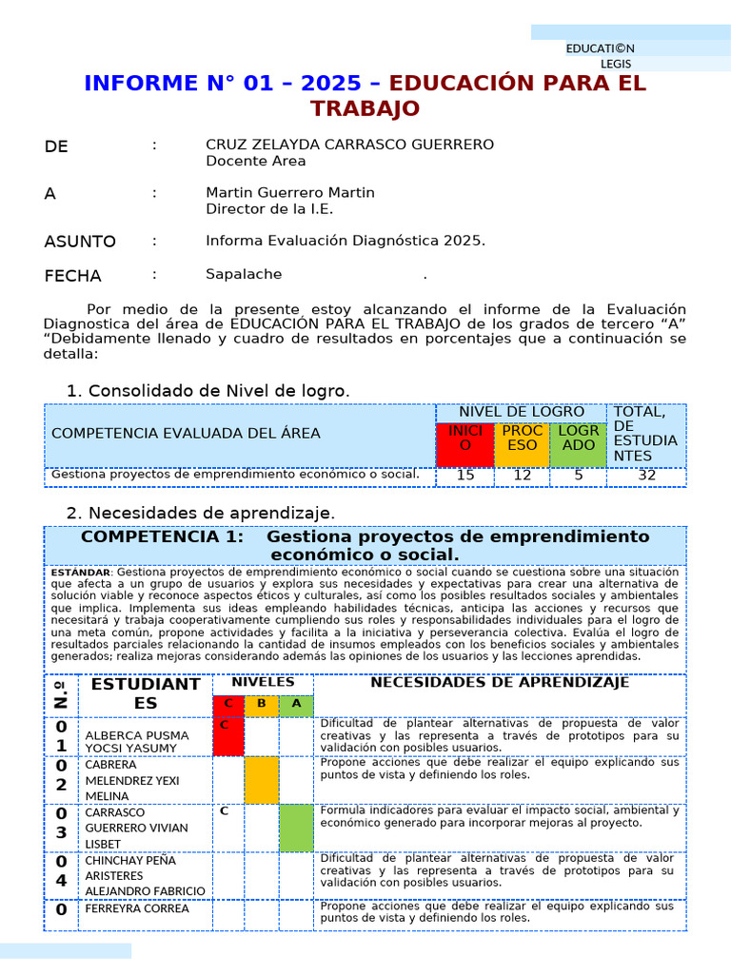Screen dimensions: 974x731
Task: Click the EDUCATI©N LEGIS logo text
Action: coord(601,55)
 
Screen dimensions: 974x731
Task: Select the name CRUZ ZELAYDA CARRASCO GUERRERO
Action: coord(349,145)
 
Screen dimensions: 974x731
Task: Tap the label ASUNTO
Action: coord(80,242)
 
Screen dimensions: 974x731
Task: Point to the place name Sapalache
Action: coord(244,275)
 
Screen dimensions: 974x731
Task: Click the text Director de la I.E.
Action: coord(269,209)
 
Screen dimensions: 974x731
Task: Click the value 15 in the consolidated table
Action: coord(464,476)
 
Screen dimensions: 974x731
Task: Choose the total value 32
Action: coord(646,476)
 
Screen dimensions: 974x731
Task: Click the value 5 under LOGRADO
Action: coord(578,476)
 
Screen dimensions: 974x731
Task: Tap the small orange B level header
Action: coord(262,704)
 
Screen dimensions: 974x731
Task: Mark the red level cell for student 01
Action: coord(227,736)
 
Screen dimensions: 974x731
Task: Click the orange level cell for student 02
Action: coord(262,780)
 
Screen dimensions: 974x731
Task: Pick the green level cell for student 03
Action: coord(296,828)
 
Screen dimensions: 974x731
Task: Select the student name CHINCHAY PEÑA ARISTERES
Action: coord(128,867)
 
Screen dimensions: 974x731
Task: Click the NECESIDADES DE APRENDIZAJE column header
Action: coord(499,683)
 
